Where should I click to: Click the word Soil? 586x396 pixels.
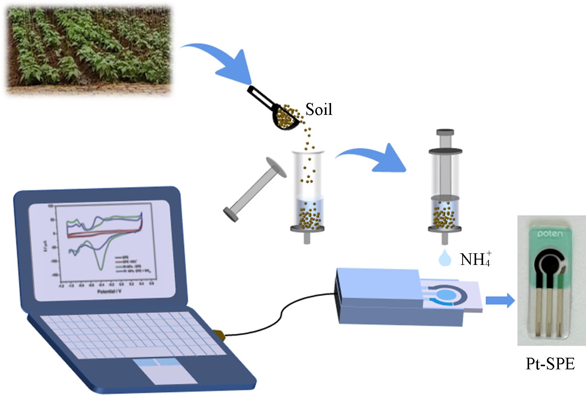coord(319,109)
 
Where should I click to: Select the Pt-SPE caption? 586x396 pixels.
coord(550,364)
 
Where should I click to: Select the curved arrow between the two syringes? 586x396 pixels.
coord(371,157)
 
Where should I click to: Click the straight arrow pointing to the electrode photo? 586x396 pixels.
coord(500,300)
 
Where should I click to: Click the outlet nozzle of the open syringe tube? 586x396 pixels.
coord(306,238)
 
